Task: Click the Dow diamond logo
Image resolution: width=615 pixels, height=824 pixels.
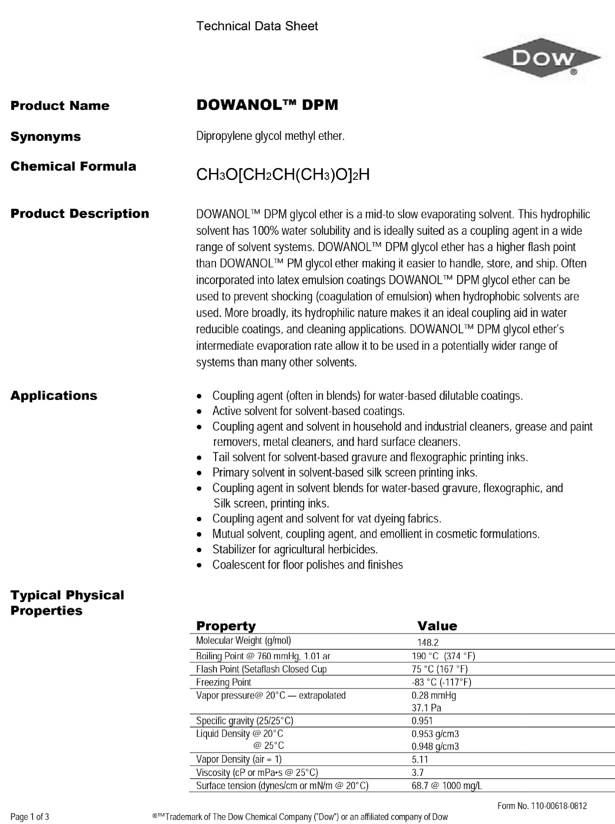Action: [542, 58]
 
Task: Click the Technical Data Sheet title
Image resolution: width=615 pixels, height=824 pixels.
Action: [257, 26]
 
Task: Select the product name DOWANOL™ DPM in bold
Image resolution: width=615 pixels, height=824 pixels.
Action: [267, 105]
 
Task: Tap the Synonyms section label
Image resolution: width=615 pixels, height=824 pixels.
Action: [45, 136]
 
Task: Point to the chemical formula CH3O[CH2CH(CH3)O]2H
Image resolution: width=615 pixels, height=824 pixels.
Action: [282, 175]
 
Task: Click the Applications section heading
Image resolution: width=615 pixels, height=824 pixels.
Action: [54, 395]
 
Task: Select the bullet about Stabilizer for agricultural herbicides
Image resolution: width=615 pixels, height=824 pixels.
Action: [295, 549]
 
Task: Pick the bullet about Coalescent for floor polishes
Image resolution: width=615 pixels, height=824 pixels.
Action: [307, 565]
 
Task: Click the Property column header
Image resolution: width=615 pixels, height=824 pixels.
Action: [225, 626]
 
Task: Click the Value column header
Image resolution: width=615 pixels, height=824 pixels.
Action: [437, 626]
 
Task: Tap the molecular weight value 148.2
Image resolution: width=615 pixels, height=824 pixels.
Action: [428, 642]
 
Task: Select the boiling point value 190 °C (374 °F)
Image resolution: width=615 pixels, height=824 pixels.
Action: [443, 656]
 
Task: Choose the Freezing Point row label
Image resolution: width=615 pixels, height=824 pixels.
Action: [223, 682]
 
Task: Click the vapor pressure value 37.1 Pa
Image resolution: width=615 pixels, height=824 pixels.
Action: [426, 708]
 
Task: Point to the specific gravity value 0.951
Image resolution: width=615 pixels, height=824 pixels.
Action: [422, 721]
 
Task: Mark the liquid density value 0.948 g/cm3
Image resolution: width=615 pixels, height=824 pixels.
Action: [435, 746]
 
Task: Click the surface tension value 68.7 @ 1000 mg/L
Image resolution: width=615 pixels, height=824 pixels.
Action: [447, 786]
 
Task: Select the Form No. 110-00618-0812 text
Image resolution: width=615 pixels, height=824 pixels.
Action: [542, 806]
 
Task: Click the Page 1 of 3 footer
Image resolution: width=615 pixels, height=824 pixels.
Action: [30, 817]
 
